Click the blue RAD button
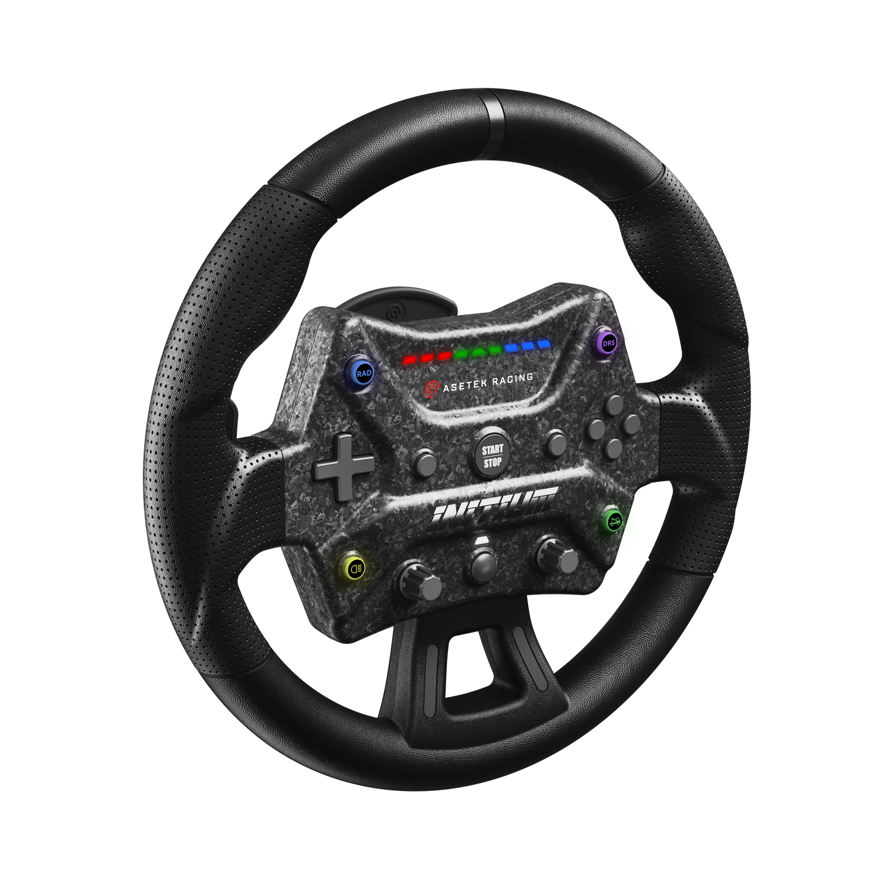363,374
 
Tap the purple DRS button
608,343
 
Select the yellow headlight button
354,568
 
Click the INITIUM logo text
494,506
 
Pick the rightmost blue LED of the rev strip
542,343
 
